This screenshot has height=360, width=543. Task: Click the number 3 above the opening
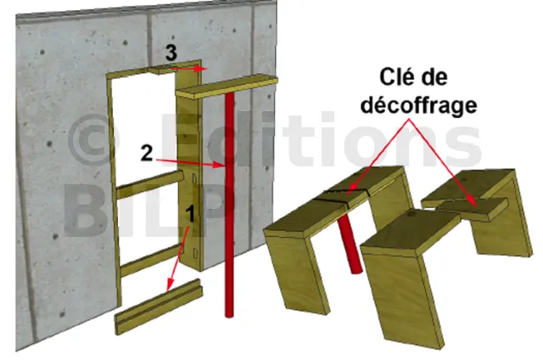pyautogui.click(x=171, y=53)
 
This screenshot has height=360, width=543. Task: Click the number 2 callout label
pyautogui.click(x=147, y=153)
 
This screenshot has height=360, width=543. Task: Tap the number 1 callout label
pyautogui.click(x=190, y=213)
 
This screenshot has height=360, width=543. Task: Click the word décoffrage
pyautogui.click(x=418, y=104)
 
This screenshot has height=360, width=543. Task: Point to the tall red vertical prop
pyautogui.click(x=229, y=205)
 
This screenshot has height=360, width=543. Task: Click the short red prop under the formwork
pyautogui.click(x=350, y=245)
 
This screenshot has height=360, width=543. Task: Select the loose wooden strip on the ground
pyautogui.click(x=159, y=307)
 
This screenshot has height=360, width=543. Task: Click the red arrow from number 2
pyautogui.click(x=189, y=162)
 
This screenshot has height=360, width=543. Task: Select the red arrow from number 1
pyautogui.click(x=178, y=257)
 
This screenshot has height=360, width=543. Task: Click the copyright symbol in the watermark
pyautogui.click(x=93, y=139)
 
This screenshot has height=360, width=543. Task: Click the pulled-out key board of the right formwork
pyautogui.click(x=473, y=207)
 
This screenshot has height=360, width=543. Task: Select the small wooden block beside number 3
pyautogui.click(x=161, y=70)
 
